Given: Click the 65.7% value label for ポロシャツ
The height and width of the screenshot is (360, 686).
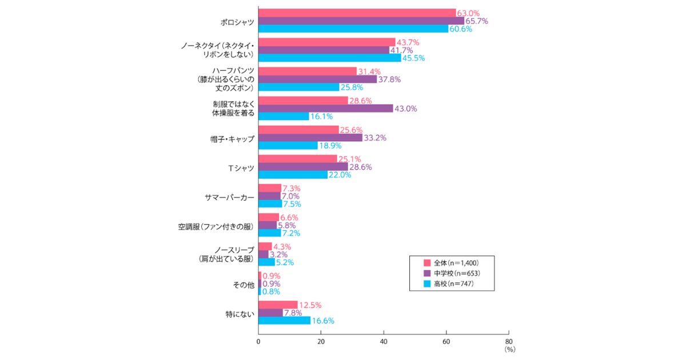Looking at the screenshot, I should coord(476,21).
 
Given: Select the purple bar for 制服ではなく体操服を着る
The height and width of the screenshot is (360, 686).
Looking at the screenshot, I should coord(326,109).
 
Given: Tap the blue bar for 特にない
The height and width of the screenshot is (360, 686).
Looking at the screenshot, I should coord(284,321).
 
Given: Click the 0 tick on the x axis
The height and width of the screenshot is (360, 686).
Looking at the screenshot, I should coord(258,342).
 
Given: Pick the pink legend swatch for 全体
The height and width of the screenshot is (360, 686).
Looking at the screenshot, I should coord(426,263).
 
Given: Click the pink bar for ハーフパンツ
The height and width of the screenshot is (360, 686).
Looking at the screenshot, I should coord(308,71).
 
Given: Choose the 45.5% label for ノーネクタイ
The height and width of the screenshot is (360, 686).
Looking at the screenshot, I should coord(413,58).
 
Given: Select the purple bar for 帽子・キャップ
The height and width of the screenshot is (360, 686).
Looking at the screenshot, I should coord(310,138).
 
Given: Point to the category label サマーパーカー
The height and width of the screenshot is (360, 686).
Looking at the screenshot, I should coord(229,197).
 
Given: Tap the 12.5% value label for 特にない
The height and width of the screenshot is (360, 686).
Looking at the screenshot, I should coord(311,305).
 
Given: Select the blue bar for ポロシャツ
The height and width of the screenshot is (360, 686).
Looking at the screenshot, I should coord(353,29).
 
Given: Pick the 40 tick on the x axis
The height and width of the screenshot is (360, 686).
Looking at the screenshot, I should coord(384,342).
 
